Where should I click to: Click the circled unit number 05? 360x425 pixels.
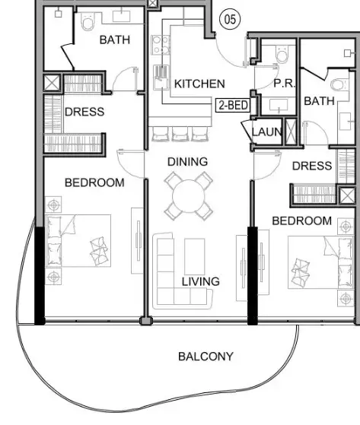pyautogui.click(x=230, y=19)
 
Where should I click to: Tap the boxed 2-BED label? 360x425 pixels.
pyautogui.click(x=234, y=105)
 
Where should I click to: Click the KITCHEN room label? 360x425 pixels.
pyautogui.click(x=199, y=84)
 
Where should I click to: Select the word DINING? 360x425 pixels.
pyautogui.click(x=188, y=162)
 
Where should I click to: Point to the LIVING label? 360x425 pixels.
pyautogui.click(x=201, y=281)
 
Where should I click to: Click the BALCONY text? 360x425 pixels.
pyautogui.click(x=206, y=357)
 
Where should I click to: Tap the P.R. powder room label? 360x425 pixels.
pyautogui.click(x=284, y=84)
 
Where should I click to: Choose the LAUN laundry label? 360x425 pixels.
pyautogui.click(x=267, y=132)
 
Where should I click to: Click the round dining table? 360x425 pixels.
pyautogui.click(x=188, y=195)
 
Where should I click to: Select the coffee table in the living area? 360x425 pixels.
pyautogui.click(x=195, y=257)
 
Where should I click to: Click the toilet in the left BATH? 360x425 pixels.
pyautogui.click(x=88, y=22)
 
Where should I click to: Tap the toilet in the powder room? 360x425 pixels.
pyautogui.click(x=282, y=54)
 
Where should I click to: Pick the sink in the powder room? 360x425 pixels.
pyautogui.click(x=279, y=105)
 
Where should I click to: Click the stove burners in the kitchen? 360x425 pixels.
pyautogui.click(x=161, y=45)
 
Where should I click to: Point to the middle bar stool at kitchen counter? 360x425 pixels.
pyautogui.click(x=180, y=134)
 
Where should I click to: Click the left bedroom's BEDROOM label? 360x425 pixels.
pyautogui.click(x=94, y=182)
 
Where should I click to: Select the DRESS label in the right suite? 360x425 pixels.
pyautogui.click(x=312, y=166)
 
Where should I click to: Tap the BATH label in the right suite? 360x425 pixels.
pyautogui.click(x=320, y=101)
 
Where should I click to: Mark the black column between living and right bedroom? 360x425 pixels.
pyautogui.click(x=253, y=276)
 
